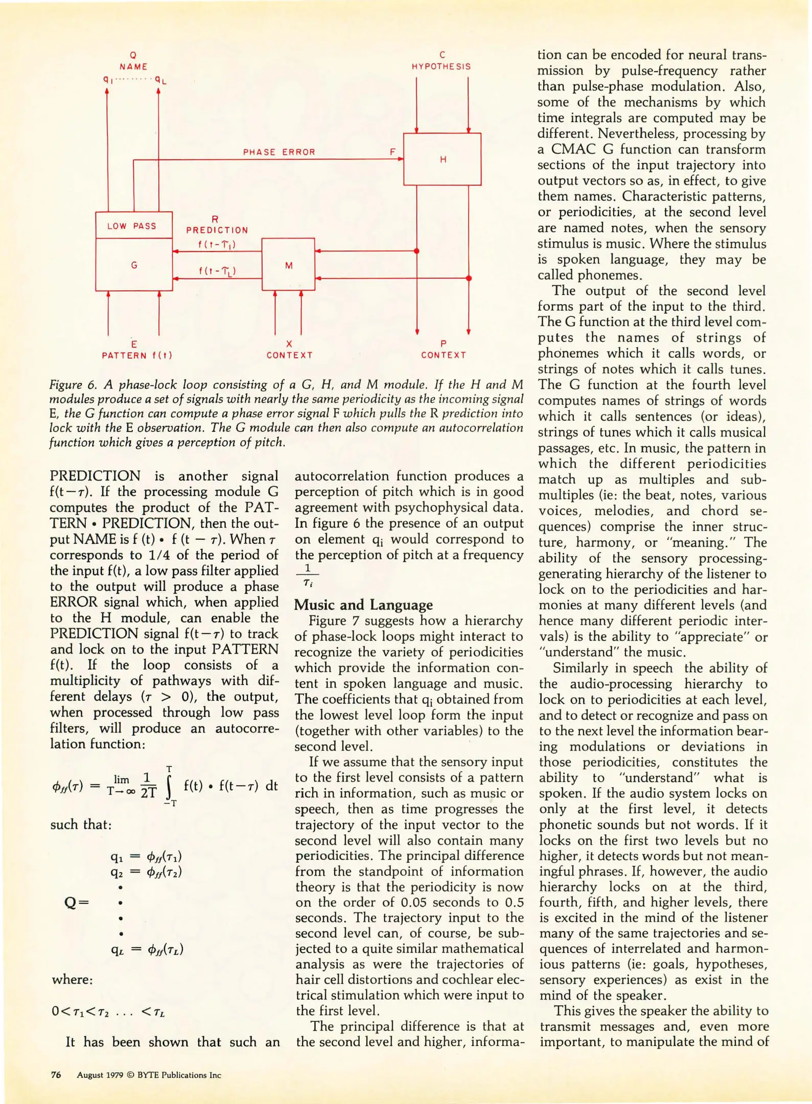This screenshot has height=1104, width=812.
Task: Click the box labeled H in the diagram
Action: point(442,159)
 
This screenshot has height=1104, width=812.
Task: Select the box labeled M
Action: point(288,265)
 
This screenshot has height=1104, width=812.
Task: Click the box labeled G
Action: point(134,265)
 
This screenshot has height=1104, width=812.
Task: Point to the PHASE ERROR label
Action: point(279,152)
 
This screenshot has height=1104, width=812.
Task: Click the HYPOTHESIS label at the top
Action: point(442,66)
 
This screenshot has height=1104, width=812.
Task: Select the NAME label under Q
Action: point(133,66)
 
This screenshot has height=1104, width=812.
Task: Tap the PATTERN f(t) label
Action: point(137,355)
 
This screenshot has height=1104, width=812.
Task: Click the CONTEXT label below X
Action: point(289,355)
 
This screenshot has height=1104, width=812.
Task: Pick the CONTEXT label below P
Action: point(444,355)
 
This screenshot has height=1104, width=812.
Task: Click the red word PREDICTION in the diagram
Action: point(217,230)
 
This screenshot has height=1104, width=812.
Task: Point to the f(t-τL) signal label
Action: point(218,271)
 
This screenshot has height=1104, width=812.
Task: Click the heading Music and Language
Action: point(363,605)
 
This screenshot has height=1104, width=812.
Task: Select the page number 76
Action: point(56,1075)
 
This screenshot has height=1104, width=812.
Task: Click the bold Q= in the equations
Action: point(77,903)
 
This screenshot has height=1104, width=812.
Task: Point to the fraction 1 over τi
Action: point(307,575)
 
